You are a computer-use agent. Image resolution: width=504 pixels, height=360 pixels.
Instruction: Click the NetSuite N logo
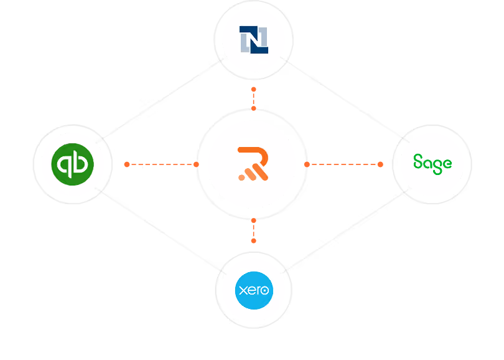pos(254,40)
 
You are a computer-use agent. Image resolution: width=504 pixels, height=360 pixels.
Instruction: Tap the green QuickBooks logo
pos(73,164)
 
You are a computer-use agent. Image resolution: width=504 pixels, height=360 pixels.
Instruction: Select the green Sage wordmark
pos(432,164)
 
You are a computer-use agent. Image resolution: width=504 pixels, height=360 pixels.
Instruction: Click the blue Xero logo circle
pos(254,290)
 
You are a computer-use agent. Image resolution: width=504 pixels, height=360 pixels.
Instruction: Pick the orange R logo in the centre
pos(253,164)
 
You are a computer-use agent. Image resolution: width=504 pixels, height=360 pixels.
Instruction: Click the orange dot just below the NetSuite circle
pos(254,89)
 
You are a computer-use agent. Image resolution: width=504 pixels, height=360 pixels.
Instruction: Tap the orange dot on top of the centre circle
pos(254,108)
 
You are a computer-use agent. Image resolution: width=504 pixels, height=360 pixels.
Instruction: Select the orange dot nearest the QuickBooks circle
pos(127,164)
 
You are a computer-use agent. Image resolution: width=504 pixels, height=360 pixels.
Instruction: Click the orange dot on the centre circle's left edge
pos(196,164)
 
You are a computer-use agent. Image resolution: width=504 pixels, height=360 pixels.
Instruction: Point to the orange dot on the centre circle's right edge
pos(307,164)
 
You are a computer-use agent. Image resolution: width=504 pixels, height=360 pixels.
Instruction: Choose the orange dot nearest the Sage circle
pos(380,164)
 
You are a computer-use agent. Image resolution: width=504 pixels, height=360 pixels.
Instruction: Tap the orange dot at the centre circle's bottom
pos(254,220)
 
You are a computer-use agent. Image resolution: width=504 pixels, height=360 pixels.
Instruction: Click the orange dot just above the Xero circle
pos(254,240)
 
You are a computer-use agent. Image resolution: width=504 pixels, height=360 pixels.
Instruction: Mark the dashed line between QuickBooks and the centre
pos(161,164)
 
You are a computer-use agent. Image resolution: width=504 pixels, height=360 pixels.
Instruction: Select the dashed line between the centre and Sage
pos(343,164)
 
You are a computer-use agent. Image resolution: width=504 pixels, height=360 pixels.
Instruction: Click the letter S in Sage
pos(418,161)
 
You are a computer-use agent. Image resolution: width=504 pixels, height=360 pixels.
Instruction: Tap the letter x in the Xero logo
pos(243,290)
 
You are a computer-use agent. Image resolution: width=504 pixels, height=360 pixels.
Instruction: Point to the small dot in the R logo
pos(241,178)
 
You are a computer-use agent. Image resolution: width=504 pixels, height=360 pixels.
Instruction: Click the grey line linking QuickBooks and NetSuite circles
pos(160,100)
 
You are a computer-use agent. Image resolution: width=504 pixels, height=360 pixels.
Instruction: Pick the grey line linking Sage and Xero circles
pos(345,230)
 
